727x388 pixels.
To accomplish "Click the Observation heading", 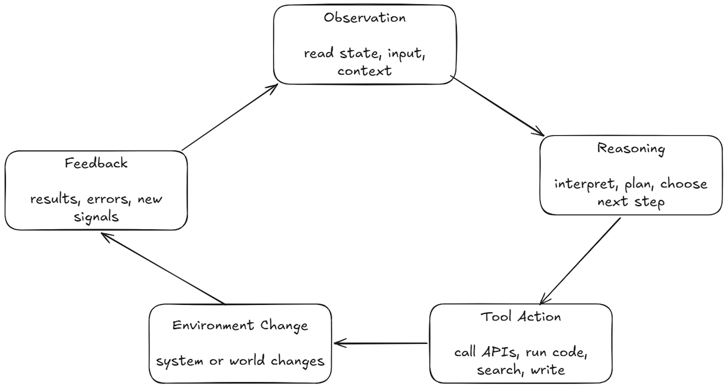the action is [x=365, y=18].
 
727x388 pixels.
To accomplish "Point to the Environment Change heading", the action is [x=240, y=326].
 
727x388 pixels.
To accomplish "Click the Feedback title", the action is [x=96, y=163].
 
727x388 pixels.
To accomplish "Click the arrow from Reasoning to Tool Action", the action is [x=580, y=261].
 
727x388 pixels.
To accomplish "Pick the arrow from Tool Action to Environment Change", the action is [x=380, y=343].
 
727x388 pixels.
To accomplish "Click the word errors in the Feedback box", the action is [x=109, y=199].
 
